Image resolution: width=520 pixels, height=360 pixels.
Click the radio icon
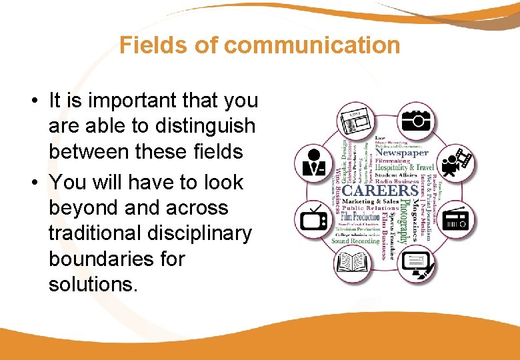coord(457,218)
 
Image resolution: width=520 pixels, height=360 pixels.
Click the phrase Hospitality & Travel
coord(405,167)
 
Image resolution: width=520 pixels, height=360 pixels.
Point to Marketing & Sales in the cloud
coord(371,201)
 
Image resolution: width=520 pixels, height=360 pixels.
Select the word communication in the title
coord(312,45)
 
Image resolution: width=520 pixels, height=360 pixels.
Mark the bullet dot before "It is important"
coord(33,101)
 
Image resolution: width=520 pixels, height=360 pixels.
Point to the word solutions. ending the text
coord(93,285)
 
